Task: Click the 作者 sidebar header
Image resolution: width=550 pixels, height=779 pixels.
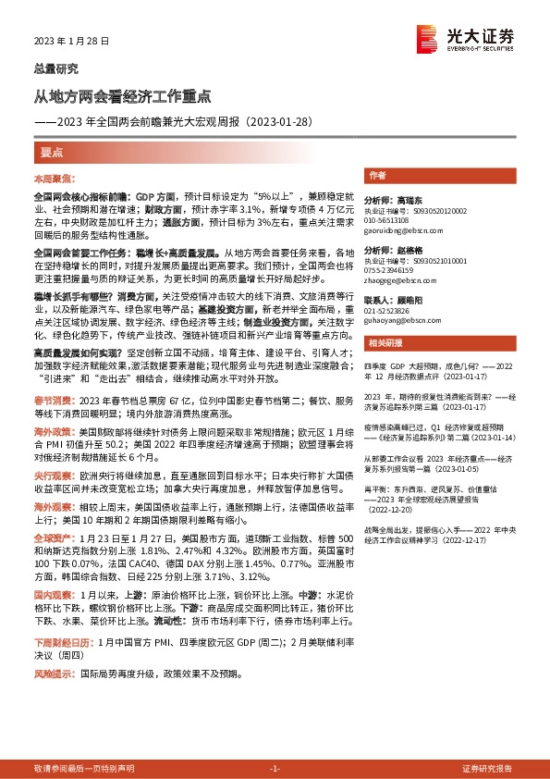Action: (x=377, y=175)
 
